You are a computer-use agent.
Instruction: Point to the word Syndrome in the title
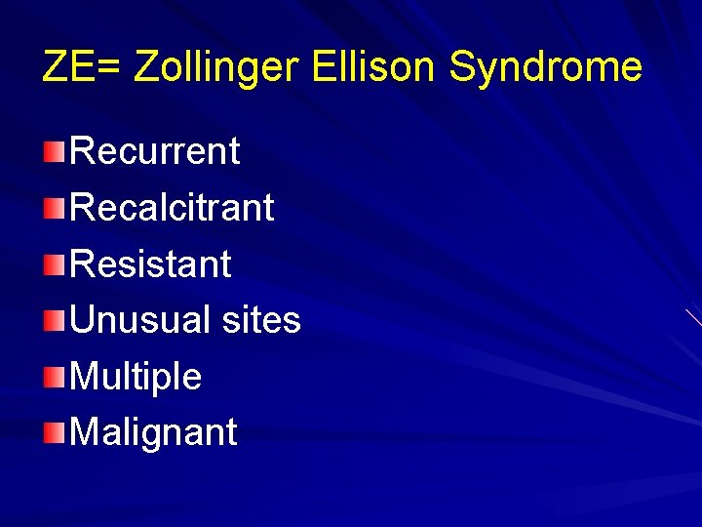(545, 68)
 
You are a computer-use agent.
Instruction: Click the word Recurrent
(155, 151)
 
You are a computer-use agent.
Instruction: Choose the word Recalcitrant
(173, 207)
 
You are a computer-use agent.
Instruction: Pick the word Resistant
(151, 263)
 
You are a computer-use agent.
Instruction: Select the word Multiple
(136, 376)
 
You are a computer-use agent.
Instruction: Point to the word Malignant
(153, 431)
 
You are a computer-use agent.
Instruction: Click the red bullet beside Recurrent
(55, 151)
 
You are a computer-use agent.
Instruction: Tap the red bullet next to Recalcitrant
(55, 207)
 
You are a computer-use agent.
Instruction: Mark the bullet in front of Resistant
(55, 263)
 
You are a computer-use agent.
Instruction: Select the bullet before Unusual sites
(55, 319)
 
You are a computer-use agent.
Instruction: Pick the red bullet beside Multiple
(55, 376)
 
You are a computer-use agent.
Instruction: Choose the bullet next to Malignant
(55, 431)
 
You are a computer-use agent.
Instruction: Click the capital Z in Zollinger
(145, 66)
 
